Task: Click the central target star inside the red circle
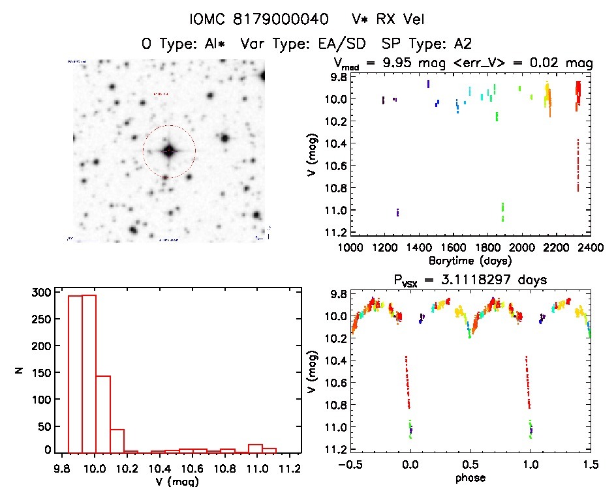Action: pyautogui.click(x=169, y=151)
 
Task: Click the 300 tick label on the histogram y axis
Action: pyautogui.click(x=40, y=293)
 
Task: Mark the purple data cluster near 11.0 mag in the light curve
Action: pyautogui.click(x=397, y=213)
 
